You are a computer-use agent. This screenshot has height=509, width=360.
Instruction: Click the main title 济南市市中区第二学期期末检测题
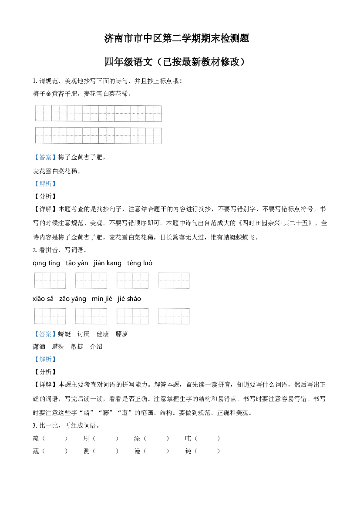click(x=177, y=38)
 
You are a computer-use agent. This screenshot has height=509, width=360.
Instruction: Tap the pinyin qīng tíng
click(x=47, y=263)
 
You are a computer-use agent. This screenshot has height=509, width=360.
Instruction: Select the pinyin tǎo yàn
click(x=77, y=263)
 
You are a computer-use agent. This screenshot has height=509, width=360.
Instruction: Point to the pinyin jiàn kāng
click(x=108, y=263)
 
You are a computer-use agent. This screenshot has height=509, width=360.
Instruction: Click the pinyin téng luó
click(x=140, y=263)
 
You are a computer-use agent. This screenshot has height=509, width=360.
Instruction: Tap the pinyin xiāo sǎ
click(x=43, y=299)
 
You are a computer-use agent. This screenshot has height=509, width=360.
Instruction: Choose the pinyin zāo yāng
click(x=73, y=299)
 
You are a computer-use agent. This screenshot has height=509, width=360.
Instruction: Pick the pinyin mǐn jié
click(x=102, y=299)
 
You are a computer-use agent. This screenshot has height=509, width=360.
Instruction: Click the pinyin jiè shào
click(x=129, y=299)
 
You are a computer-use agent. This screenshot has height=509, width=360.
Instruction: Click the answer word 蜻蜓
click(x=64, y=334)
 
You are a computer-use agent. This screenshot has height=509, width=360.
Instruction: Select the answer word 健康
click(x=103, y=334)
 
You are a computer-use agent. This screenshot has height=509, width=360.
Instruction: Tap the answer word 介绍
click(x=96, y=347)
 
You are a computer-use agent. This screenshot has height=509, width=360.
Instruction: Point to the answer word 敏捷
click(x=77, y=347)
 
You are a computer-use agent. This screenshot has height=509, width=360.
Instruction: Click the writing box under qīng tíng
click(x=50, y=280)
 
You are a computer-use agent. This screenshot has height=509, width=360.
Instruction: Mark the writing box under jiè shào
click(x=174, y=316)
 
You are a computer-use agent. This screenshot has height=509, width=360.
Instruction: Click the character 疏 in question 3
click(x=36, y=438)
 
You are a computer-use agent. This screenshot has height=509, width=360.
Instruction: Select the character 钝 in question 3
click(x=188, y=451)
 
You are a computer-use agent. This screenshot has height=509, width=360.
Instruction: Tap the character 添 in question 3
click(x=137, y=438)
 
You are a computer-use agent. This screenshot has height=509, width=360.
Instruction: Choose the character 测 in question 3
click(x=87, y=451)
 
